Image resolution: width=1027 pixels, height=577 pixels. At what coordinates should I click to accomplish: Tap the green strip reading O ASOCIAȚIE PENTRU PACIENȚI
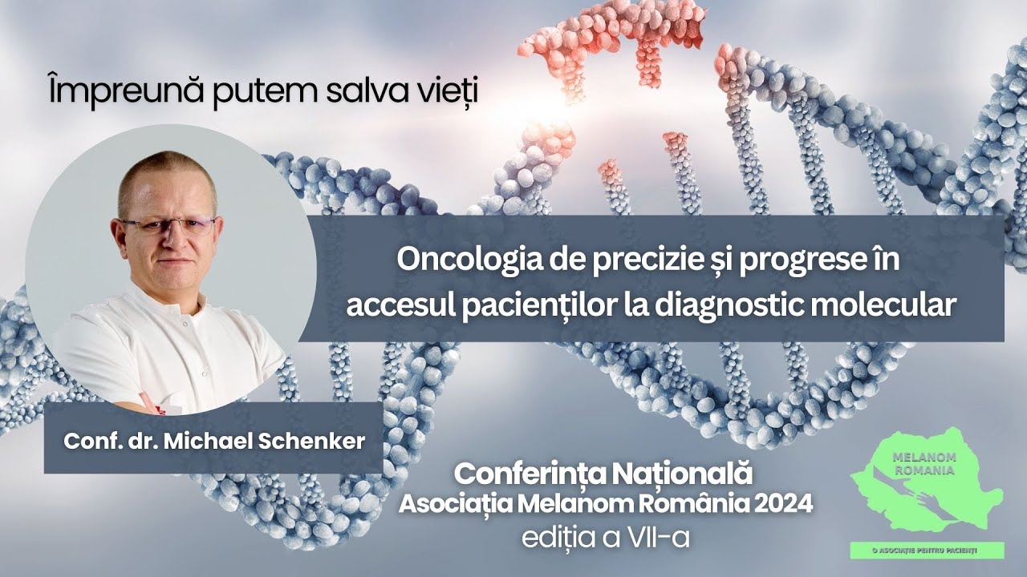click(x=927, y=550)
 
